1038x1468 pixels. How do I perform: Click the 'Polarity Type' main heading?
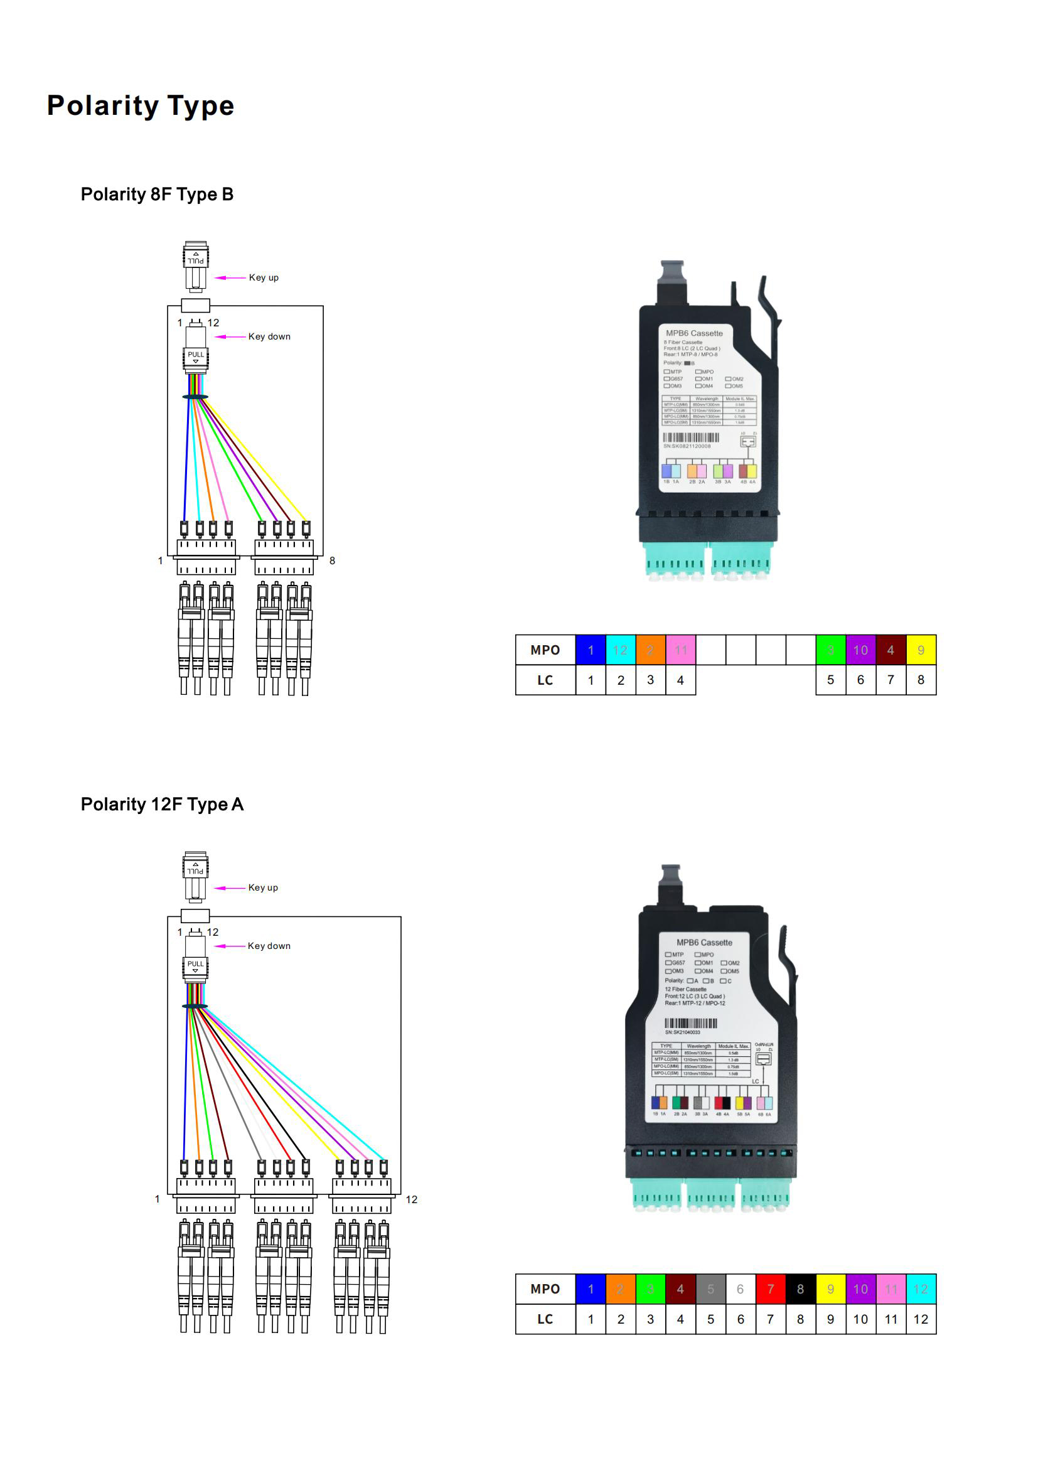point(141,105)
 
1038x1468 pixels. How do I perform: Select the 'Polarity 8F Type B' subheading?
point(157,195)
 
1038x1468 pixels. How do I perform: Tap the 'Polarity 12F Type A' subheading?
point(162,804)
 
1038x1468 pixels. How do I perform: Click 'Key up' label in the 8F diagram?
point(264,277)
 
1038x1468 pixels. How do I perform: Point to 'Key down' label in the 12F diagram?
point(269,946)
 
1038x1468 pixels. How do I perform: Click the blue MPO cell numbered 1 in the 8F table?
point(591,650)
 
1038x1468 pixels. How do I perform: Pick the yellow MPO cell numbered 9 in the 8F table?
point(921,650)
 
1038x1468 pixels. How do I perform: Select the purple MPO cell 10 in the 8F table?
point(860,650)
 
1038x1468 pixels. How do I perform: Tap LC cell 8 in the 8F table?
point(921,680)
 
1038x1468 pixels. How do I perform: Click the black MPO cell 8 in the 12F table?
point(800,1289)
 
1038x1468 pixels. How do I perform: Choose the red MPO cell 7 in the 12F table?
point(770,1289)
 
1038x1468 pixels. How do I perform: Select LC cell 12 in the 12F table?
point(921,1319)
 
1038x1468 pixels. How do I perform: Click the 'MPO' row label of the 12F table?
point(545,1289)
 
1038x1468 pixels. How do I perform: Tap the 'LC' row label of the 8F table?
point(545,680)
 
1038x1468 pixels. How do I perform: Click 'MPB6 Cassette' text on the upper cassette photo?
point(694,333)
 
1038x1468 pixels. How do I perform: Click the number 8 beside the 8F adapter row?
point(333,560)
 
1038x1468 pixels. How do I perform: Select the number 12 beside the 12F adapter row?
point(412,1199)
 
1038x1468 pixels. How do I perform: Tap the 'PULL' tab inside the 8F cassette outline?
point(196,355)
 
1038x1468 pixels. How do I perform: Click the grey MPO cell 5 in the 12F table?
point(710,1289)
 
